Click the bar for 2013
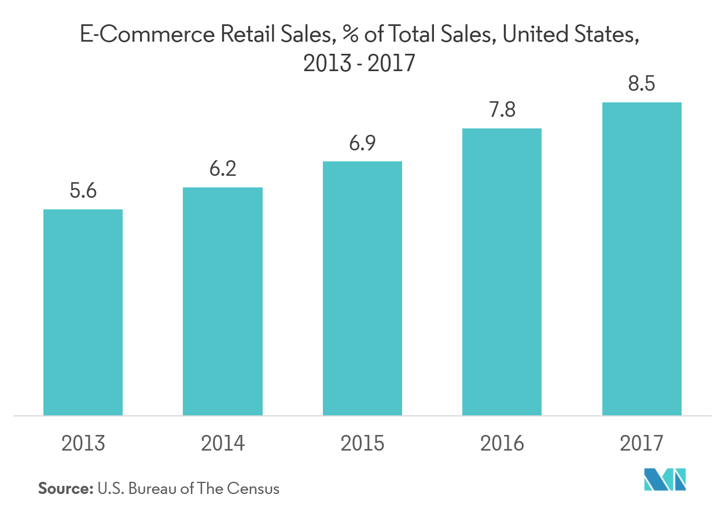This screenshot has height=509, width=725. click(x=83, y=312)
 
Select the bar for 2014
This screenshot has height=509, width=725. click(x=223, y=301)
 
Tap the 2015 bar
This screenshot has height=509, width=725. click(x=362, y=288)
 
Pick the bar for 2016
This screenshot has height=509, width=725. click(x=502, y=272)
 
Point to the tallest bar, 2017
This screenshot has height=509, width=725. click(x=642, y=259)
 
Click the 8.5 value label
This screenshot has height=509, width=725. click(x=642, y=84)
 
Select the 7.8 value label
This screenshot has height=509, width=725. click(x=502, y=110)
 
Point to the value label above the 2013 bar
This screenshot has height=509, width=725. click(x=83, y=191)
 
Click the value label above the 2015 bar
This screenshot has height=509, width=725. click(x=362, y=143)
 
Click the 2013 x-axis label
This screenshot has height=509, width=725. click(x=83, y=444)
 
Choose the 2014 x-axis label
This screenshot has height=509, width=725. click(x=223, y=444)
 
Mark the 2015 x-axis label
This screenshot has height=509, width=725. click(x=362, y=444)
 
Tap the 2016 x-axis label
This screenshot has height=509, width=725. click(x=502, y=444)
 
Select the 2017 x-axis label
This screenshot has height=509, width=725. click(x=642, y=444)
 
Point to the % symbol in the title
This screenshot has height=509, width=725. click(x=349, y=36)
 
